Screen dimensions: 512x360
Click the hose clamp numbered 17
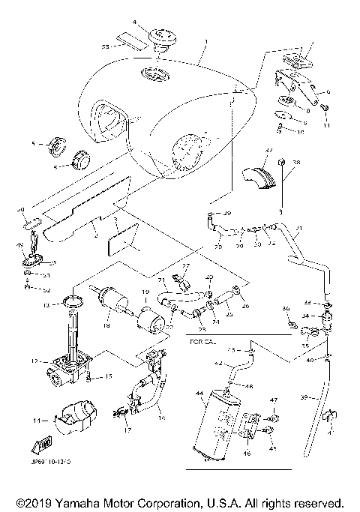click(120, 412)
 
